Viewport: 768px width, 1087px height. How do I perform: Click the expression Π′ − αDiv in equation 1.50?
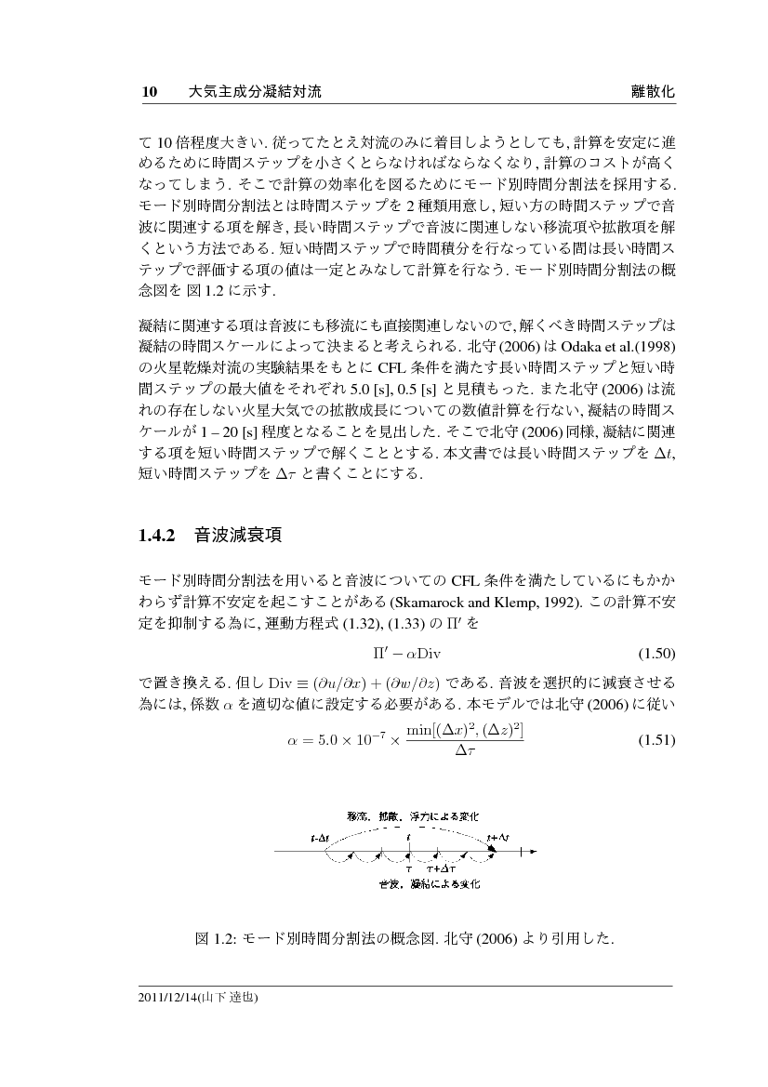[x=405, y=652]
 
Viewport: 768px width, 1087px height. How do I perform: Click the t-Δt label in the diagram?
[x=319, y=837]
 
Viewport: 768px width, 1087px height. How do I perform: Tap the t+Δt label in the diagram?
[x=497, y=837]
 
